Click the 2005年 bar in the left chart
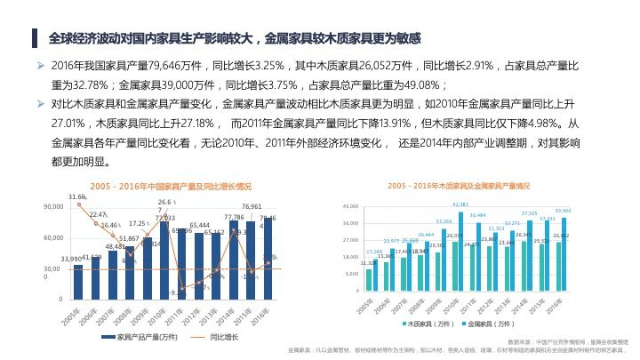point(78,281)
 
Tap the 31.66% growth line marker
point(78,204)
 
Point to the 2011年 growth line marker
point(183,289)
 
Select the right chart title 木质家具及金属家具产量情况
point(459,187)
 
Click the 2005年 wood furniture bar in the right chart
point(369,279)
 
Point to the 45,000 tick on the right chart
point(348,206)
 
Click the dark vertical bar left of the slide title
point(33,39)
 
